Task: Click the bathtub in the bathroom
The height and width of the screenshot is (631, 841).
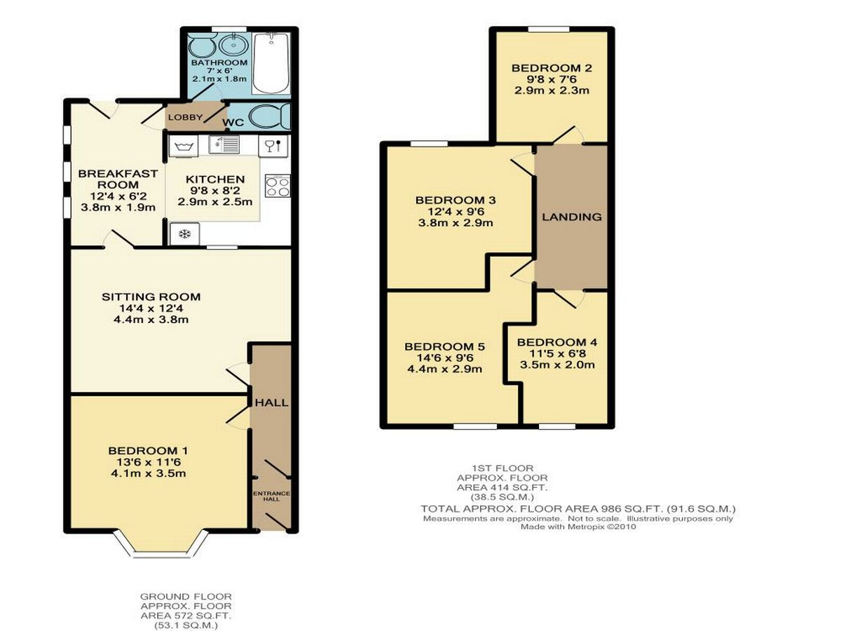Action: [x=271, y=63]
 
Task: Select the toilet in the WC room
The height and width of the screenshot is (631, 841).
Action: [x=269, y=116]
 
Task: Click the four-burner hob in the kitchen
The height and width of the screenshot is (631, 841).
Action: [x=278, y=186]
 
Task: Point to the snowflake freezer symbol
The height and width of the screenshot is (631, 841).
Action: [x=185, y=233]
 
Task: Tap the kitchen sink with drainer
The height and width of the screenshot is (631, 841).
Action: [x=224, y=145]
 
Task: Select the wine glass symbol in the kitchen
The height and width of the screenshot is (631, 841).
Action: [x=269, y=147]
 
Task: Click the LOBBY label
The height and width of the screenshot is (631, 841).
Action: [x=186, y=117]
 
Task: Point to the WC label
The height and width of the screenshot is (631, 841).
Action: [x=233, y=122]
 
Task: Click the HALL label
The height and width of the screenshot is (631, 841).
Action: [x=272, y=402]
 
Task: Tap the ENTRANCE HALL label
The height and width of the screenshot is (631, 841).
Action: [x=272, y=496]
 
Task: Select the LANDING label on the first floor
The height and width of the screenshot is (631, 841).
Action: [x=572, y=217]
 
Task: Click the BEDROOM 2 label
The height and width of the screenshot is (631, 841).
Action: [x=552, y=68]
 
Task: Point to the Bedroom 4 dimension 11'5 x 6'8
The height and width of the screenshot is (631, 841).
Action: [x=557, y=353]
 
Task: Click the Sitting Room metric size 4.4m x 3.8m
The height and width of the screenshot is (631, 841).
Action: [x=151, y=320]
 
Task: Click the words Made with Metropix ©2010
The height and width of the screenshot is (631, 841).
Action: [x=577, y=527]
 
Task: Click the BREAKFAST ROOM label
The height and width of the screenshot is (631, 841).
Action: [x=118, y=179]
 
